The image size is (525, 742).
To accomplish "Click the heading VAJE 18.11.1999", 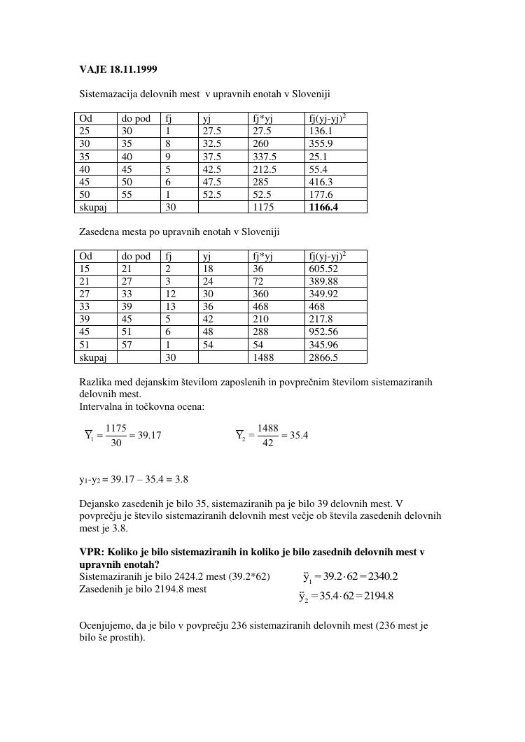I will coord(118,69).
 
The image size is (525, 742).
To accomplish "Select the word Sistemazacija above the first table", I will coord(109,94).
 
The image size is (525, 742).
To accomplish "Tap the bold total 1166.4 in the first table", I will coord(323,207).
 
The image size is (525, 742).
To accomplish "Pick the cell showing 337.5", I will coord(264,157).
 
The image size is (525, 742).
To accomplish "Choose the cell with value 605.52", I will coord(323,269).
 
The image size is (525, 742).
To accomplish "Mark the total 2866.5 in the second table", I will coord(323,357).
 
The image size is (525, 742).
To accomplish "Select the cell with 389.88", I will coord(323,282).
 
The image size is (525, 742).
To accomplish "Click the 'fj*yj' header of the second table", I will coord(262,257).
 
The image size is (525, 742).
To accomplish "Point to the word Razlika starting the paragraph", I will coord(96,383).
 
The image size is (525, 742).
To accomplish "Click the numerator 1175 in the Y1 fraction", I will coord(115,428).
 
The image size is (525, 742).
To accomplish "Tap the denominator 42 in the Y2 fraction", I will coord(267,443).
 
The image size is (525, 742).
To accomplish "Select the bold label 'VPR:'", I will coord(92,552).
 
